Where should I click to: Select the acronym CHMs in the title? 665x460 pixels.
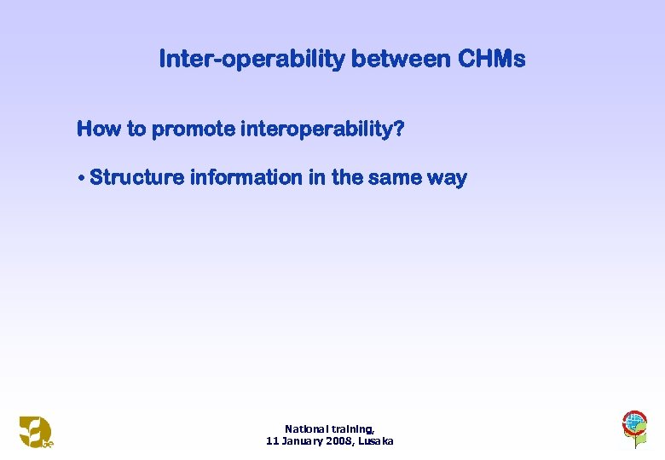pos(492,60)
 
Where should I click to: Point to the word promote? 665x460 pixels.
pos(194,129)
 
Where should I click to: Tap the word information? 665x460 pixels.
pos(246,178)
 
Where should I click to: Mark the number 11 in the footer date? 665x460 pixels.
pos(272,441)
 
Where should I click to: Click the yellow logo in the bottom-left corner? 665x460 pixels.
pos(36,431)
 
